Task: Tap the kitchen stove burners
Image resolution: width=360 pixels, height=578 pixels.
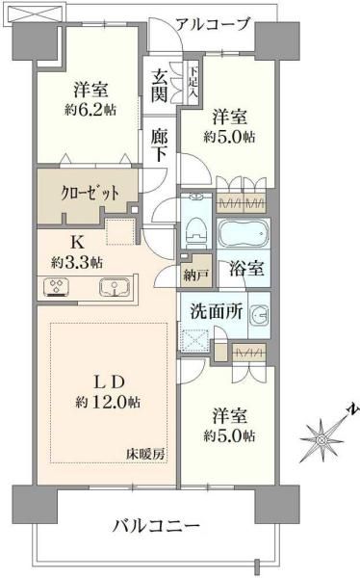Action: (x=55, y=287)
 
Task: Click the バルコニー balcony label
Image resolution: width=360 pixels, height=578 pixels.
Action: (x=155, y=526)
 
